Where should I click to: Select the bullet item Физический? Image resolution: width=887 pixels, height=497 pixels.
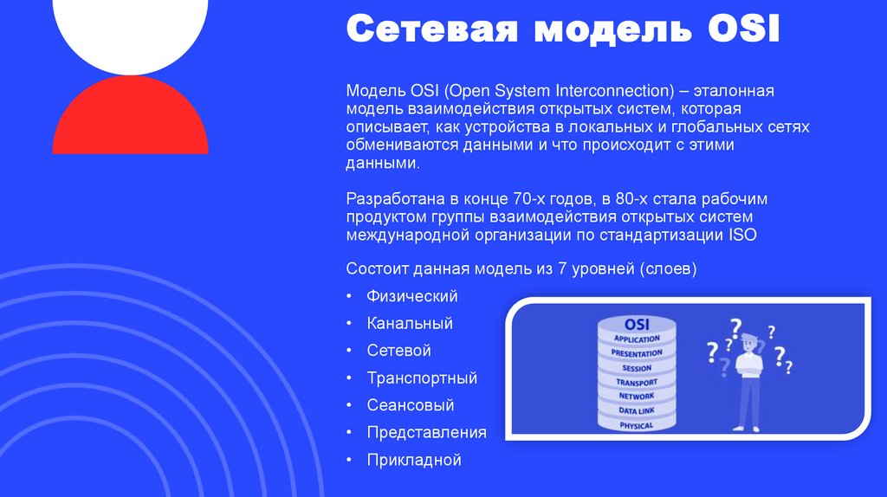click(x=411, y=296)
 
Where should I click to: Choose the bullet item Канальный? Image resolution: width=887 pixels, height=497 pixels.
click(x=410, y=324)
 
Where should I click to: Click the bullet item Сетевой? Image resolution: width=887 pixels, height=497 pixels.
click(x=398, y=351)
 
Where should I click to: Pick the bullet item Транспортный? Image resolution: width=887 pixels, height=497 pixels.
click(x=422, y=378)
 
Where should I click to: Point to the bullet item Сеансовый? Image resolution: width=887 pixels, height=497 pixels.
click(x=410, y=405)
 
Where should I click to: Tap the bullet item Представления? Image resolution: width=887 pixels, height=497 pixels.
click(x=426, y=432)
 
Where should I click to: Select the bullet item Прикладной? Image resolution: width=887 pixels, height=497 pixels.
click(x=413, y=460)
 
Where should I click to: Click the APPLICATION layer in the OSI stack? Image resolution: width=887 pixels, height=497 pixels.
click(x=637, y=339)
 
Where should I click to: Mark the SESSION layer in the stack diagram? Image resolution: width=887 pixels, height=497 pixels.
click(x=637, y=368)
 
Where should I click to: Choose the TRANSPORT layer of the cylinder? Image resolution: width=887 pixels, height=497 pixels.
click(x=637, y=382)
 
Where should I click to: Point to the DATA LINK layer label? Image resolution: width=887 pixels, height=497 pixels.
click(x=637, y=410)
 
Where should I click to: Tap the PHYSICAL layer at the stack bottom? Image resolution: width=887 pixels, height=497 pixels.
click(x=637, y=425)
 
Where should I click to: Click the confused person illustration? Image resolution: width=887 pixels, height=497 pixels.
click(x=747, y=381)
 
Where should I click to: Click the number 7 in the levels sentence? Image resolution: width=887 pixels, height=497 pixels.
click(x=562, y=269)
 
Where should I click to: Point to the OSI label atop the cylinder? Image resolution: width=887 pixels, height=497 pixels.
click(x=637, y=324)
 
